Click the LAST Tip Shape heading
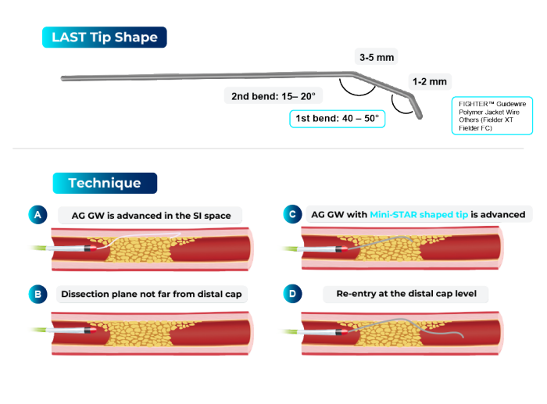(x=104, y=38)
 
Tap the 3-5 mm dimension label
(x=377, y=57)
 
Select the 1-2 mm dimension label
(x=429, y=81)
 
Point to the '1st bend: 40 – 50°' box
(x=336, y=119)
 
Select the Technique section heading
(x=105, y=183)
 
